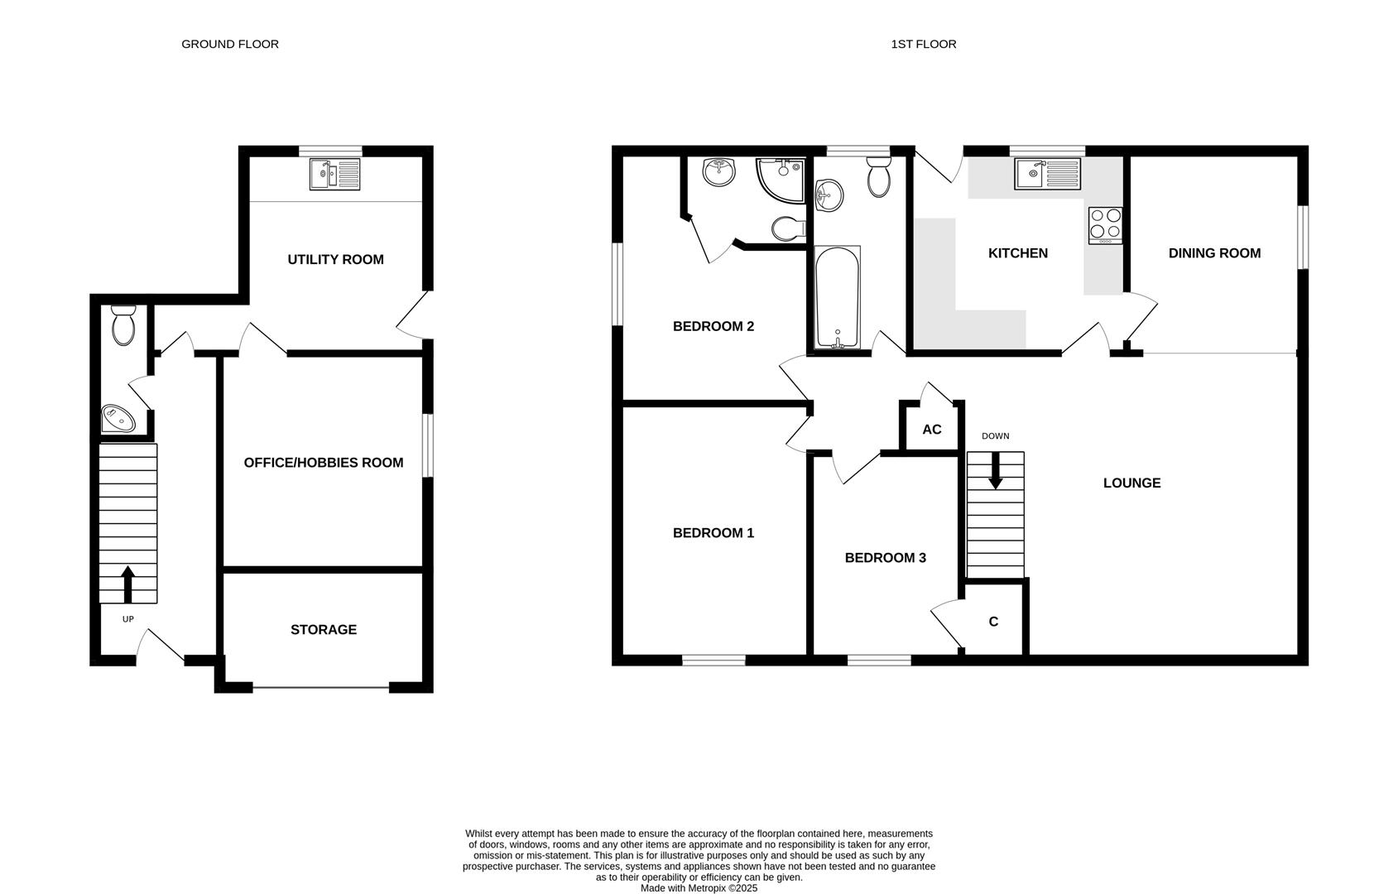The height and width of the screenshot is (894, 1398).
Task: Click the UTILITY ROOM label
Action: (335, 259)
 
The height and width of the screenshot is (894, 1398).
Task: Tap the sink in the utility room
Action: (335, 175)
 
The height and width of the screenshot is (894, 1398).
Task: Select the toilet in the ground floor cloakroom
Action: (123, 324)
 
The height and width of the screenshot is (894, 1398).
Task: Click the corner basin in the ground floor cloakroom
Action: (117, 419)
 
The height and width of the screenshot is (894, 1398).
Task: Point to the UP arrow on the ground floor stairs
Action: (127, 584)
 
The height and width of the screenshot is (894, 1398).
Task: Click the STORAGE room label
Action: (324, 629)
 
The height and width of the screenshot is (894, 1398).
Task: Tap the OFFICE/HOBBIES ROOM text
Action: (324, 462)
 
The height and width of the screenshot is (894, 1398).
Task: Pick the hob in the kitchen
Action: (1105, 224)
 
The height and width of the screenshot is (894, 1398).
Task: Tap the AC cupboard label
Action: (932, 429)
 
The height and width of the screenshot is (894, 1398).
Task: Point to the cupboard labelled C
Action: (993, 621)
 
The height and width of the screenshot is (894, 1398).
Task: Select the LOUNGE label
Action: (1131, 483)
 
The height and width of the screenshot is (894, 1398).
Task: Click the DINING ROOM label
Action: (1214, 252)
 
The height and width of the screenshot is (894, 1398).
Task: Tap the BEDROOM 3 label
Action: (885, 557)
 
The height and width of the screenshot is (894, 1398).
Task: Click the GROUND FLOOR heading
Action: (230, 44)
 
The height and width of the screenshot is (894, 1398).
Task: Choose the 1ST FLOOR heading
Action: (923, 44)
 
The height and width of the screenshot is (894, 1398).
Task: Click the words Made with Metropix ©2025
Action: (699, 887)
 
